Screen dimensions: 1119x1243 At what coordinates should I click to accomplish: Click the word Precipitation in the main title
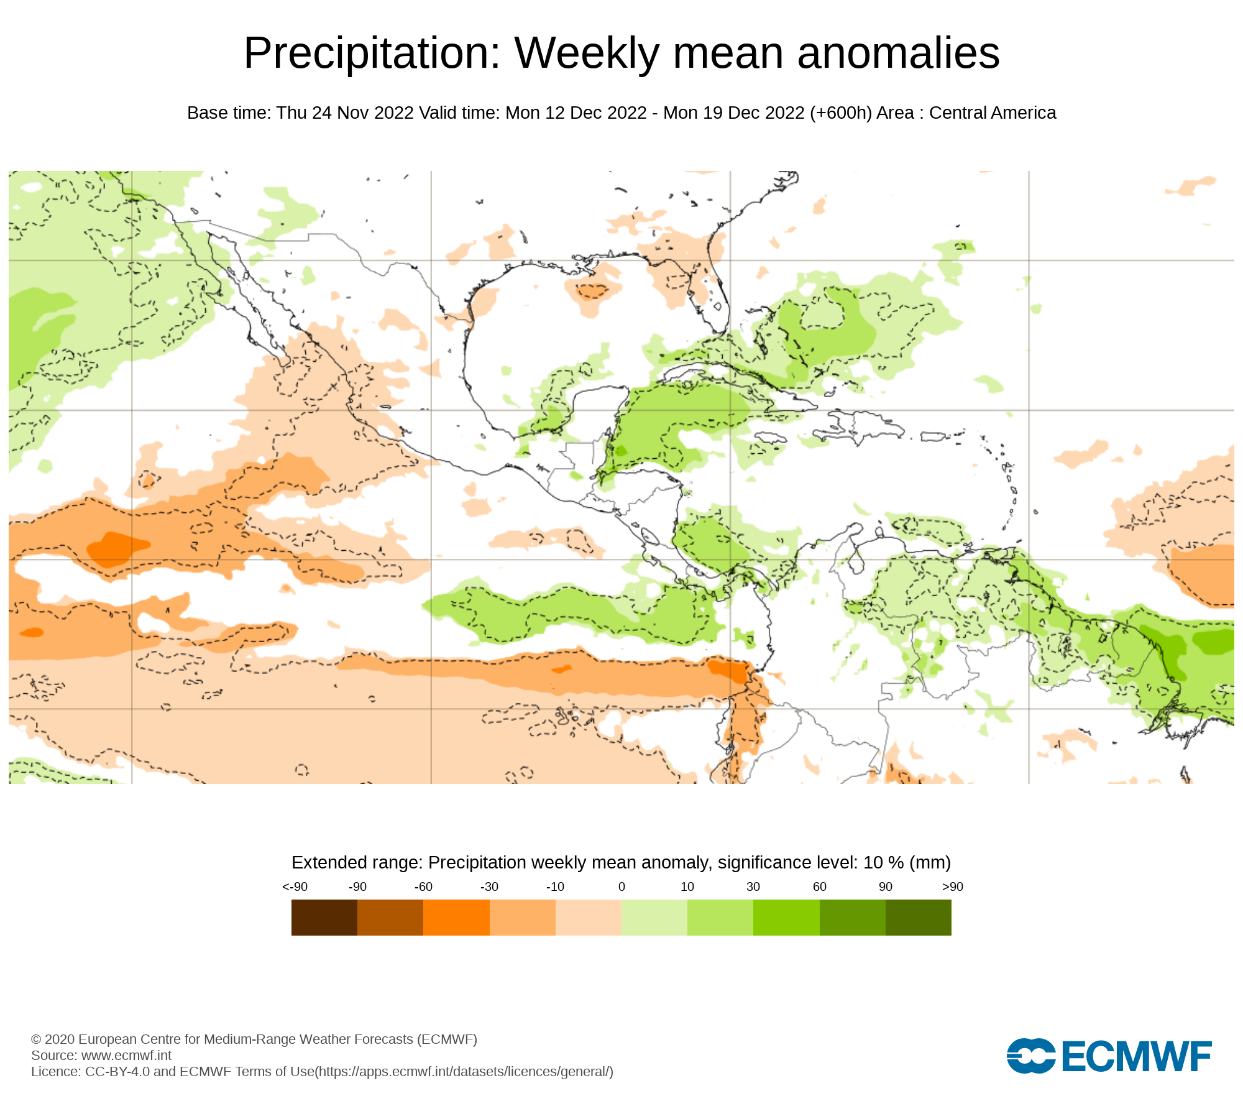click(372, 53)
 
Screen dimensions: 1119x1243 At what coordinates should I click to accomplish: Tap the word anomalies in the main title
click(898, 53)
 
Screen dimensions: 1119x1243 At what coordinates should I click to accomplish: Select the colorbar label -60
click(423, 886)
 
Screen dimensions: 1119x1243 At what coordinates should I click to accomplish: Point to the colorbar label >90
click(952, 886)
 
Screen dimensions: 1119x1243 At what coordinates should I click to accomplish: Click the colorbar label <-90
click(295, 886)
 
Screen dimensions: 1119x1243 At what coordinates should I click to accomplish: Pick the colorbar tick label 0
click(621, 886)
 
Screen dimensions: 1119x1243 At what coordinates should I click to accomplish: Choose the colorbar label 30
click(753, 886)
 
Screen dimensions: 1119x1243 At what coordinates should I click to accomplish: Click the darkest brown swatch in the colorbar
click(324, 918)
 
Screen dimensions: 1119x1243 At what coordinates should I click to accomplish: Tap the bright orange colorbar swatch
click(456, 918)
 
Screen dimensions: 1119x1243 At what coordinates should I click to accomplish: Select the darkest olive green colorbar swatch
click(919, 918)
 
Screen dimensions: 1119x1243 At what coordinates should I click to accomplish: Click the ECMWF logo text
click(1137, 1056)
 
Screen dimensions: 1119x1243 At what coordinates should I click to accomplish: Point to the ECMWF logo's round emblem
click(1030, 1056)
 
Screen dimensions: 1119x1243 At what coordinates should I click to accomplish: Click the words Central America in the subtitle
click(993, 113)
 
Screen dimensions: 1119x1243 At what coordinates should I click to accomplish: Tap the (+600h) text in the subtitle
click(841, 113)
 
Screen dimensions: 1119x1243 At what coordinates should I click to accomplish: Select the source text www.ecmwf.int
click(126, 1055)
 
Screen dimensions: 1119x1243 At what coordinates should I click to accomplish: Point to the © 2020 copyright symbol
click(36, 1039)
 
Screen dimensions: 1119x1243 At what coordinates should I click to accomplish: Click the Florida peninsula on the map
click(715, 298)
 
